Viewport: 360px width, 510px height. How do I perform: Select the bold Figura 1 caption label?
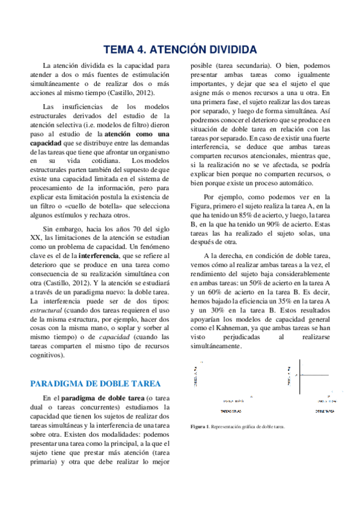[x=200, y=427]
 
